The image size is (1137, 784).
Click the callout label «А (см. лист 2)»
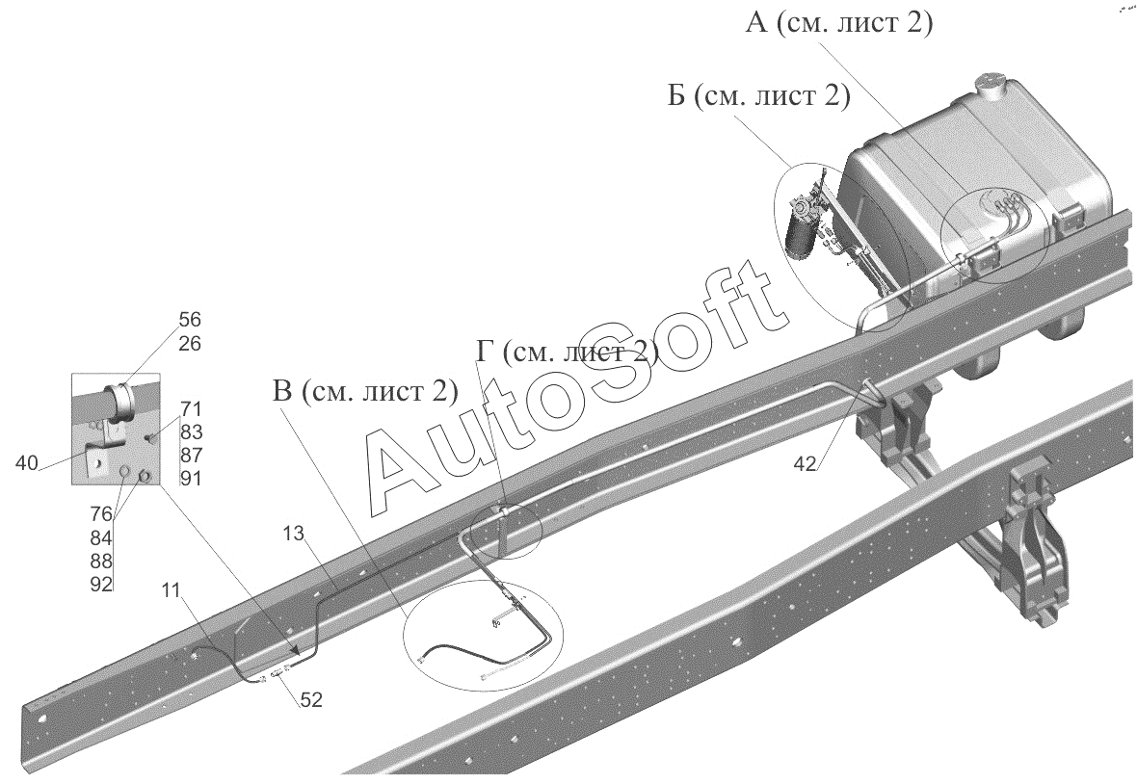[x=838, y=24]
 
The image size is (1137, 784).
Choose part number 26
[x=190, y=344]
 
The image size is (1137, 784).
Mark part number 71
[x=191, y=409]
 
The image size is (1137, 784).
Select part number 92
[x=101, y=584]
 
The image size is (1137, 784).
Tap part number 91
[x=191, y=478]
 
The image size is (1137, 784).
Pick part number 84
[x=101, y=537]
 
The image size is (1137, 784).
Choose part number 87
[x=191, y=455]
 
